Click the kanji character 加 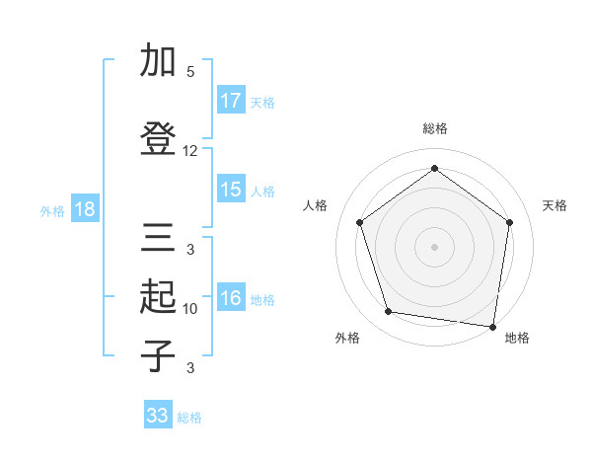point(157,60)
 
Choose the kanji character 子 point(157,356)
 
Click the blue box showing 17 point(231,100)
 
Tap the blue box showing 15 point(231,190)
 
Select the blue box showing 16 point(231,299)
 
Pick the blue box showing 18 point(84,209)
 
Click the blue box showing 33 point(158,416)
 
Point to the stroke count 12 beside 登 point(190,151)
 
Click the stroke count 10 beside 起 point(190,309)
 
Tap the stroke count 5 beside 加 point(190,72)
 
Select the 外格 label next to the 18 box point(52,210)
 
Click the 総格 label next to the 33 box point(189,418)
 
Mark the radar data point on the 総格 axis point(434,169)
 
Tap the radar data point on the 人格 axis point(359,223)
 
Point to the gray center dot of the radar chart point(434,246)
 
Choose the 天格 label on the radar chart point(555,205)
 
